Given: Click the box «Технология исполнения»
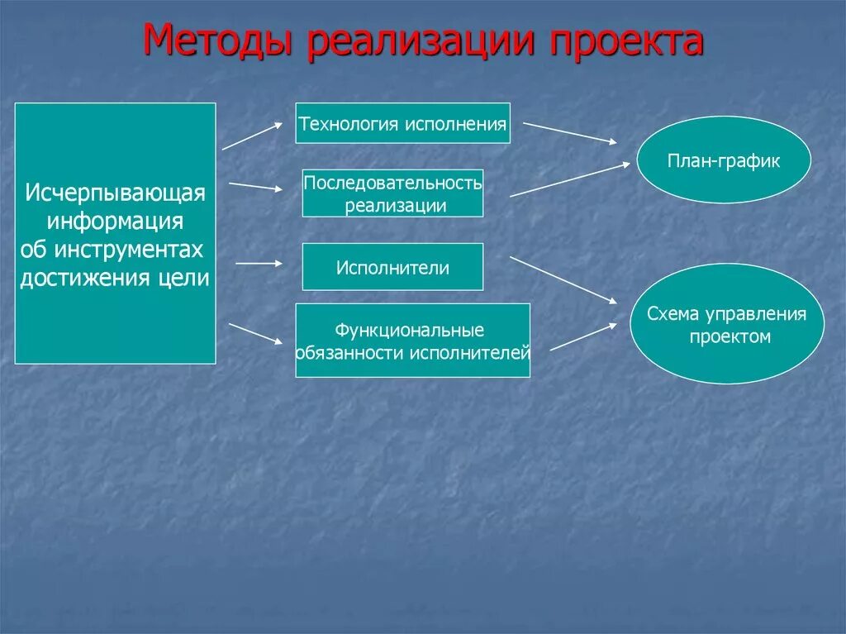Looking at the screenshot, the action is (x=402, y=123).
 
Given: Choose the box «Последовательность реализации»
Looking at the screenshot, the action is (x=392, y=193).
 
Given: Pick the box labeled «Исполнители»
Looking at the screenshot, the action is (x=392, y=267).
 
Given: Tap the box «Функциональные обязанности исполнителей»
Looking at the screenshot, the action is (x=412, y=341).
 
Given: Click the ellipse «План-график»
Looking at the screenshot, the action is (x=724, y=160).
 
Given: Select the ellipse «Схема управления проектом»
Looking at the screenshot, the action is (x=727, y=324).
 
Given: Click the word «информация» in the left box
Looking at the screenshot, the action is (x=115, y=222).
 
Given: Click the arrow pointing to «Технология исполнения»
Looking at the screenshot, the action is (x=252, y=136).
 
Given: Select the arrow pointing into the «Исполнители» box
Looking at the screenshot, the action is (x=259, y=264).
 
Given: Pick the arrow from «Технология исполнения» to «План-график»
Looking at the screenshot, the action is (x=569, y=132).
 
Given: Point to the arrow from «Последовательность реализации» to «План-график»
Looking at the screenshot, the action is (x=570, y=179).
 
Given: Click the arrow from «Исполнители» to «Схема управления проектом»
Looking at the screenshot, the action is (x=563, y=279).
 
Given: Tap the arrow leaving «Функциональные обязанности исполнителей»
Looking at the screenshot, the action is (x=582, y=336).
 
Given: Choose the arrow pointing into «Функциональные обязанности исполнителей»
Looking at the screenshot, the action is (x=255, y=332).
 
